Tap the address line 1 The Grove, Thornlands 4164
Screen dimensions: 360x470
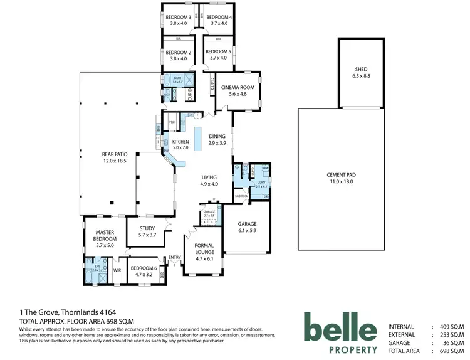[x=67, y=312]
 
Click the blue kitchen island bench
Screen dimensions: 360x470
[x=198, y=139]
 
